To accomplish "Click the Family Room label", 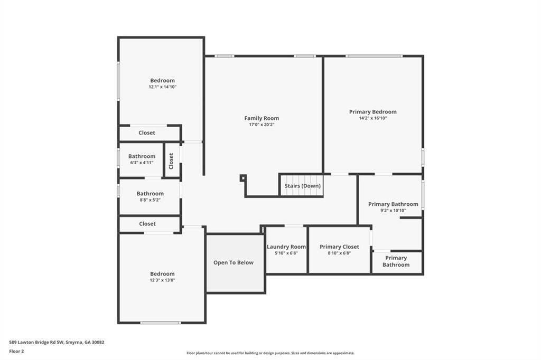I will click(262, 118).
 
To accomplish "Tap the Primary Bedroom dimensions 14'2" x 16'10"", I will click(372, 118).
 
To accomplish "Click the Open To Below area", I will click(234, 263).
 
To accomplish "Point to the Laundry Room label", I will click(286, 247).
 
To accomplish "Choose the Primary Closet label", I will click(339, 247).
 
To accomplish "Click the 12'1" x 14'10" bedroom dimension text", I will click(162, 87).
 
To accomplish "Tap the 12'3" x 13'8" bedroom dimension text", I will click(162, 280).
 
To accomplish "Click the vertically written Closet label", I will click(171, 161).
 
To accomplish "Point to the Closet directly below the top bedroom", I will click(147, 133).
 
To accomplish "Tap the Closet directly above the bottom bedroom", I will click(147, 224).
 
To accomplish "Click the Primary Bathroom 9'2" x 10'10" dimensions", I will click(393, 211).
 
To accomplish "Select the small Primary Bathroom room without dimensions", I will click(396, 262).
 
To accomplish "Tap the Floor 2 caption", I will click(16, 351).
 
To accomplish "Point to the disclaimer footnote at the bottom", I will click(270, 353).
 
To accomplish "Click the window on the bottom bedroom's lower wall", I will click(160, 323).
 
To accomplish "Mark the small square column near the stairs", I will click(243, 178).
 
